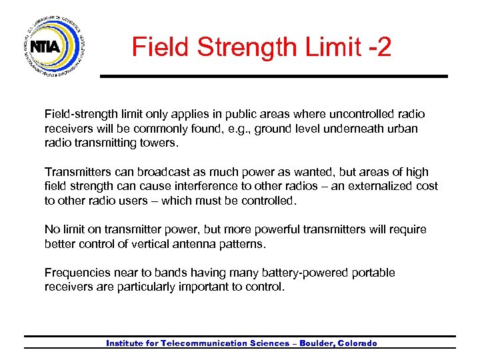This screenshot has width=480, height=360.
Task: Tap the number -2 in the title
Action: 377,47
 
